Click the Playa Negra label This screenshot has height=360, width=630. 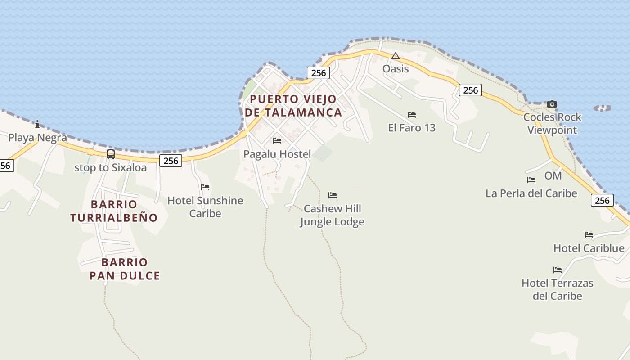coord(37,138)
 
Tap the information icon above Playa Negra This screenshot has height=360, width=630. coord(37,124)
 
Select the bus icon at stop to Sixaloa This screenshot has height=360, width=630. coord(110,154)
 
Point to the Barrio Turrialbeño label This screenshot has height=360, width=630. coord(114,211)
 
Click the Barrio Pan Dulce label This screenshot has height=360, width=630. coord(125,269)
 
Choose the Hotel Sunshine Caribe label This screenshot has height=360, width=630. coord(205,207)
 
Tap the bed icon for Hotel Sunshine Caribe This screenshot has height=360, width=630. coord(205,187)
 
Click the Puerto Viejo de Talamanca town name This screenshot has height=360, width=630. coord(293,106)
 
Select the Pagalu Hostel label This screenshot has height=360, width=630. coord(277,154)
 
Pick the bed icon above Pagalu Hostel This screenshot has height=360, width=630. coord(277,141)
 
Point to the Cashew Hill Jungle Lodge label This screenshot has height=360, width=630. coord(332,215)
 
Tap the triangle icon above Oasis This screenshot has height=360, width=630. coord(396,56)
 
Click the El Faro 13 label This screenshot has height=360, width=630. coord(412,128)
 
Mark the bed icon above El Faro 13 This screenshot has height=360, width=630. coord(412,115)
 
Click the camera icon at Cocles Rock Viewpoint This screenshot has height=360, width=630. coord(552,104)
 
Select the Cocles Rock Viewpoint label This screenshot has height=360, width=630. coord(552,124)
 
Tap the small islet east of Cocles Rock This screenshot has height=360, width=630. coord(602,108)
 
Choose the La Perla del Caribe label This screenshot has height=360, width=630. coord(531,193)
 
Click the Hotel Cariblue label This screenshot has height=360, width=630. coord(589,248)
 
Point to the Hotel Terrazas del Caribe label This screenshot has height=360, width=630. coord(557,289)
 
